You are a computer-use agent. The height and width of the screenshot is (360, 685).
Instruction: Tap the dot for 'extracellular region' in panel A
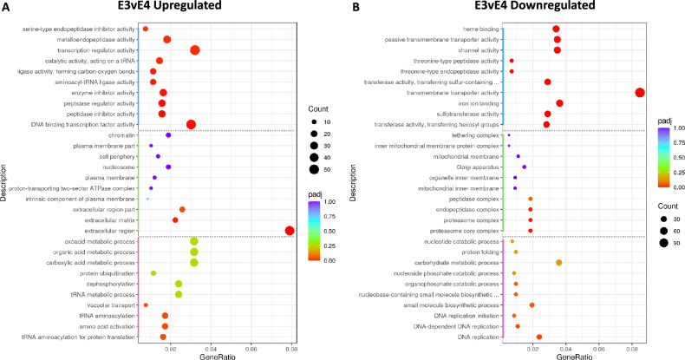tap(290, 230)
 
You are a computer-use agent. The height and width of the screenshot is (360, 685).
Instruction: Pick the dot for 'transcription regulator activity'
tap(195, 50)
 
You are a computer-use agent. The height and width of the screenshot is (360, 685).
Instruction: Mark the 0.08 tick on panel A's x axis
tap(290, 348)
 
